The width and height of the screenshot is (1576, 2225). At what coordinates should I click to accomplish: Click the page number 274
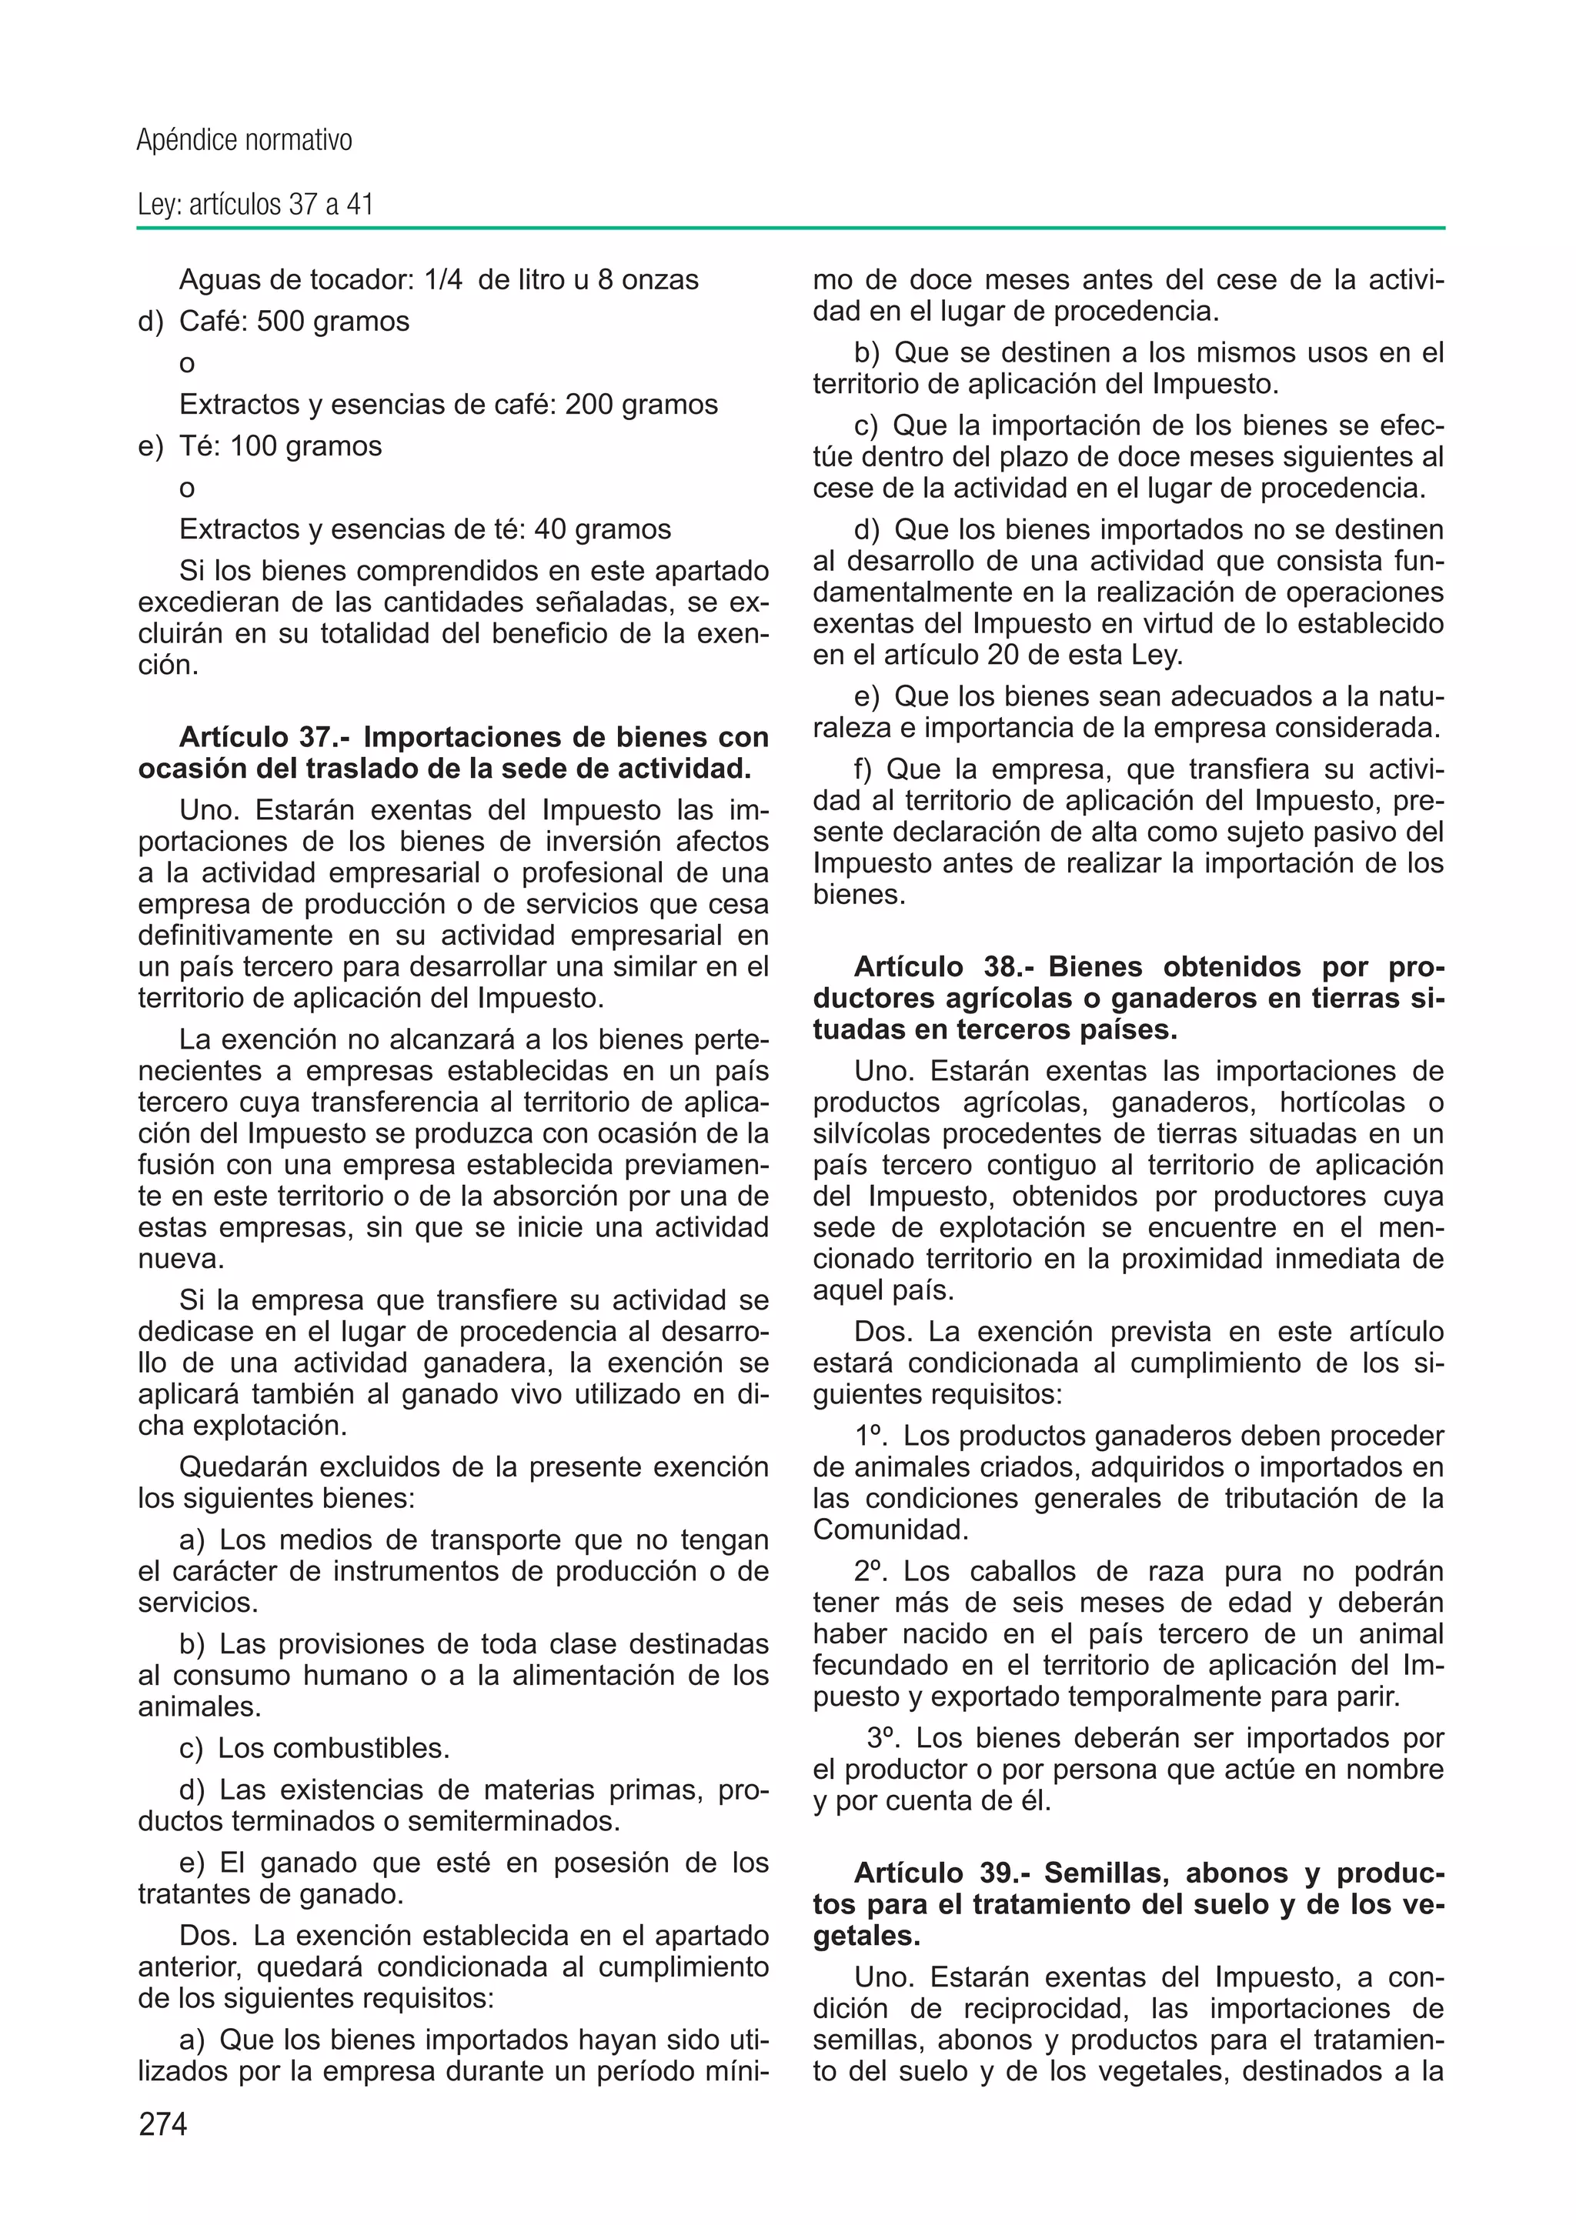(163, 2124)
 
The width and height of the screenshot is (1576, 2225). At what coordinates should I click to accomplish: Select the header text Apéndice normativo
(245, 141)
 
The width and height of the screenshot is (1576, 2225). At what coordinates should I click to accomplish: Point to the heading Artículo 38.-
(943, 966)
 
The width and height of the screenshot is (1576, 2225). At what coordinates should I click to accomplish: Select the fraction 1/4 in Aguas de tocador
(443, 279)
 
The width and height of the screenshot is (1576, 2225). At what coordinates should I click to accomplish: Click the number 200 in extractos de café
(588, 405)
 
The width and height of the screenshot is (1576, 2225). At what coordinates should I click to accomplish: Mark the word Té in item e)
(199, 446)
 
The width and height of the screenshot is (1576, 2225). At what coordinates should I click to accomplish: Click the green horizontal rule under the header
(790, 229)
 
